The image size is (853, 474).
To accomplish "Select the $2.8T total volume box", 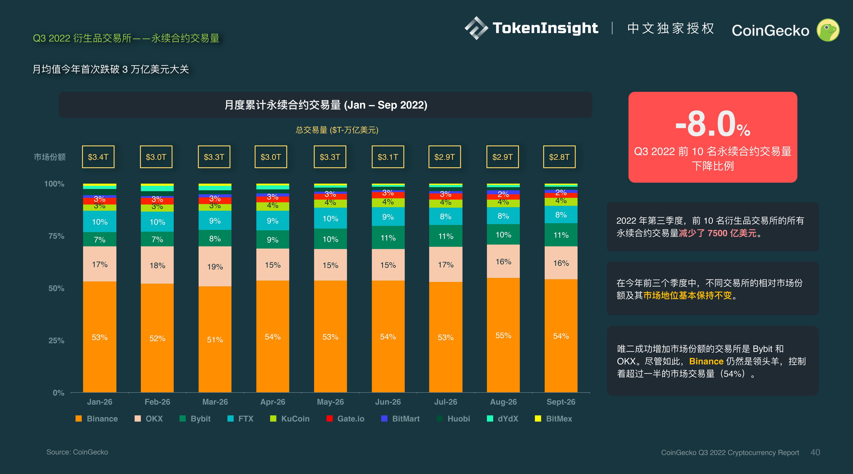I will (559, 157).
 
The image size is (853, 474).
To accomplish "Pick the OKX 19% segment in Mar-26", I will (215, 266).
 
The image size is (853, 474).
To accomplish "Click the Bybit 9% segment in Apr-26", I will (273, 239).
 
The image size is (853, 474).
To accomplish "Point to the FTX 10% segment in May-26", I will (330, 218).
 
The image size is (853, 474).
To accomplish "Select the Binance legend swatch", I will (78, 419).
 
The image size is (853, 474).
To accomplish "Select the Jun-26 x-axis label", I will (388, 402).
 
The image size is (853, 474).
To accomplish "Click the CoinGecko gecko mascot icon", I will (828, 30).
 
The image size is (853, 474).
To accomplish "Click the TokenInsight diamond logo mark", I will (476, 28).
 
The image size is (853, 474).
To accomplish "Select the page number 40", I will (815, 452).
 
